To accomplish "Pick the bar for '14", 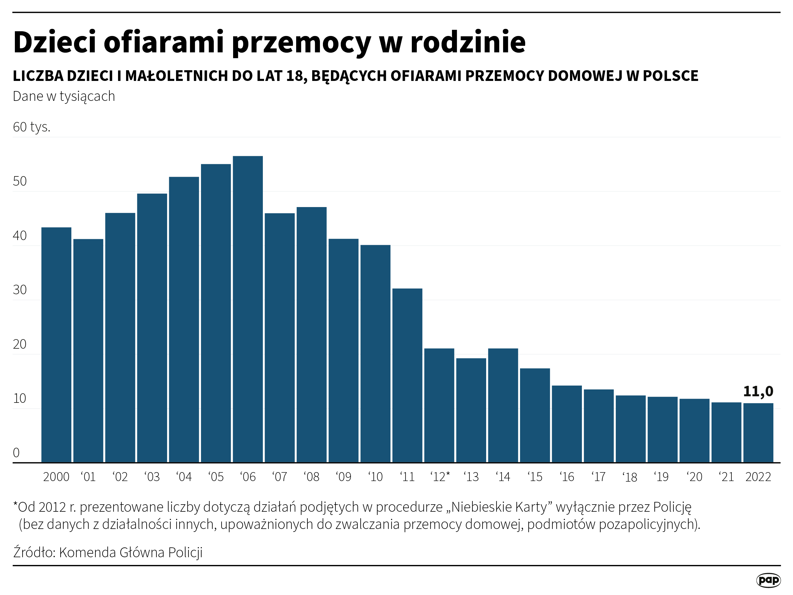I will click(503, 405).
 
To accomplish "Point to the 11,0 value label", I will click(758, 391).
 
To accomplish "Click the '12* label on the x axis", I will click(440, 477).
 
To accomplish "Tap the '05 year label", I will click(216, 477).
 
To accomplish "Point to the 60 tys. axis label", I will click(32, 127).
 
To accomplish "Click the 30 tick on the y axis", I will click(20, 290).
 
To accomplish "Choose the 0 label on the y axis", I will click(16, 452).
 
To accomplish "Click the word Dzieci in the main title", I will click(54, 42).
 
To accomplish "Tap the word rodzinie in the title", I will click(468, 42).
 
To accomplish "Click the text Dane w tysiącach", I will click(64, 96).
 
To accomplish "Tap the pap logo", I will click(768, 580).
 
